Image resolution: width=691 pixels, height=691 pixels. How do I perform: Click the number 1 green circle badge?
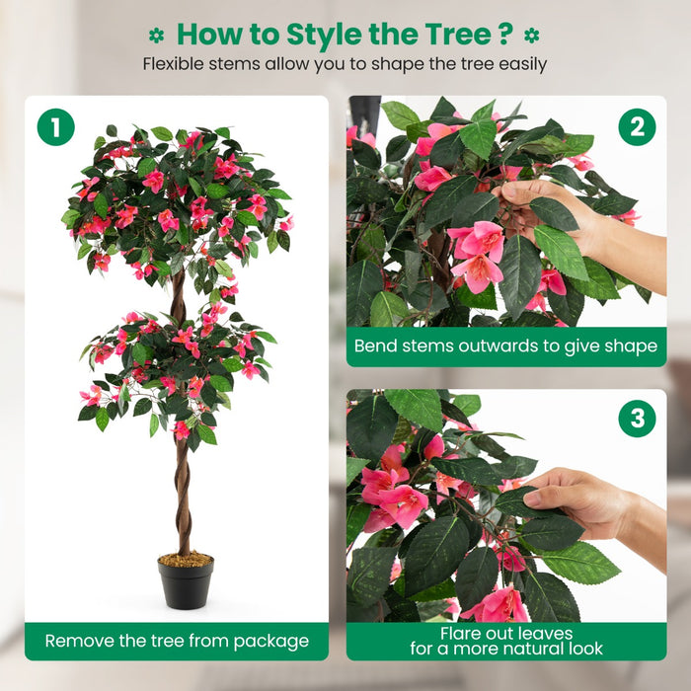point(56,127)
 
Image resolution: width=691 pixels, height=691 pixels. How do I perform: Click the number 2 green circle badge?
point(637,127)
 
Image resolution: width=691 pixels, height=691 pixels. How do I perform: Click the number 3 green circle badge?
point(637,419)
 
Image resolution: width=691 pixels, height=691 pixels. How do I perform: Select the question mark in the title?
point(504,34)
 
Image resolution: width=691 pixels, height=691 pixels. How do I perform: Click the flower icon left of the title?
point(156,35)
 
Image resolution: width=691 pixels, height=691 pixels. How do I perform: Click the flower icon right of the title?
point(532,35)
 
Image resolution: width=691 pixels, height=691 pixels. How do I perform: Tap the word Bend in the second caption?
point(377,346)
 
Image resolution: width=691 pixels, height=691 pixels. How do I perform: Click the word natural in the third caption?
point(521,650)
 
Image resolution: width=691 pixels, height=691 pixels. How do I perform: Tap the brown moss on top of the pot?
point(186,560)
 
